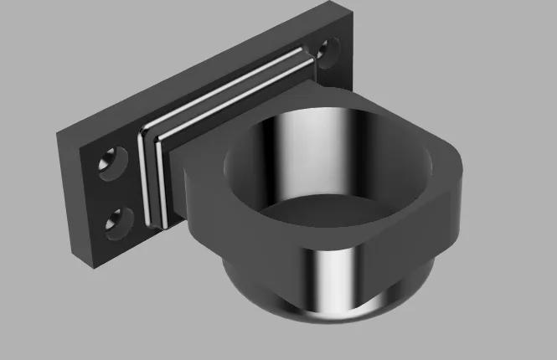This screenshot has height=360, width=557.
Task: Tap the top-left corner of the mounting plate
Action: tap(58, 132)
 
